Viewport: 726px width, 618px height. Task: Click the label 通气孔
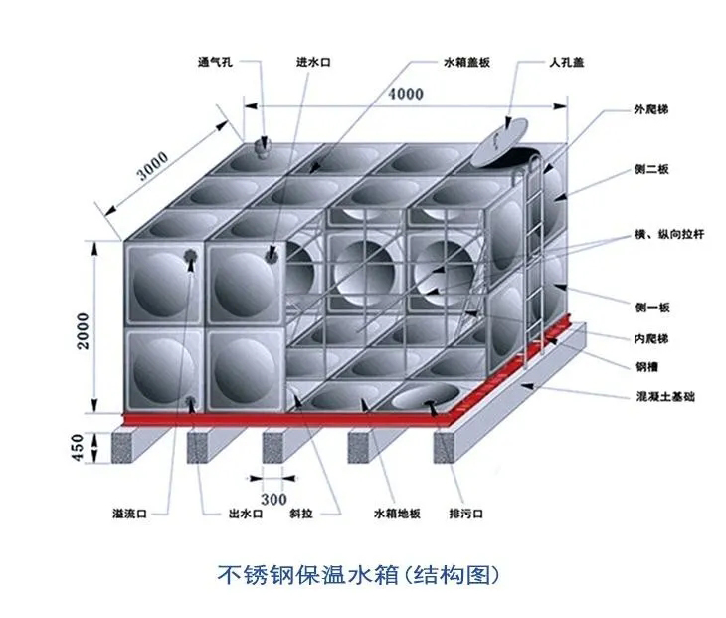pos(215,62)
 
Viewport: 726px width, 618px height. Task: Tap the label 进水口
pos(313,62)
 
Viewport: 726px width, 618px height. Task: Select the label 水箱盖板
pos(466,62)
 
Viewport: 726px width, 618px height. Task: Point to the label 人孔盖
pos(566,62)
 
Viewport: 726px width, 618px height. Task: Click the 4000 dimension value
pos(406,94)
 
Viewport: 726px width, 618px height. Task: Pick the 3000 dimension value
pos(153,165)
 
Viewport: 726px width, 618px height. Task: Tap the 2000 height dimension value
pos(83,330)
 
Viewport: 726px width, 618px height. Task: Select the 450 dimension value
pos(78,447)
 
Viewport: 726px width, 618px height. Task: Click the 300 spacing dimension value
pos(273,499)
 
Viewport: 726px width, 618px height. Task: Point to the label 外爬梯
pos(651,109)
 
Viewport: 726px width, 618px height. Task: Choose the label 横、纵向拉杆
pos(669,234)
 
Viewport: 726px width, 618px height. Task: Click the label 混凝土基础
pos(665,396)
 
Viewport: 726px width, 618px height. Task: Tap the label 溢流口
pos(129,514)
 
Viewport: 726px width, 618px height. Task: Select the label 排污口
pos(465,514)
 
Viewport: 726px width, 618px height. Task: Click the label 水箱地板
pos(397,514)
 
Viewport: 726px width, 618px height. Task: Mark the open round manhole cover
pos(500,141)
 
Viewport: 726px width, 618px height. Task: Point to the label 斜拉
pos(301,514)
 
